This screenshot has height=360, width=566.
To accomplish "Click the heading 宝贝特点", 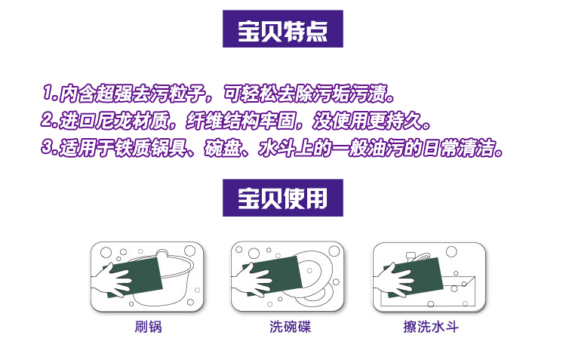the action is pos(283,31).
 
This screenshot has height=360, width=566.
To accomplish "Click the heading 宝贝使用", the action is pos(283,198).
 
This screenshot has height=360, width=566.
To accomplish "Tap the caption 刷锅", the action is pos(148,327).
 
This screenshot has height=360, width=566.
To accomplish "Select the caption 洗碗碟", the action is pos(290,327).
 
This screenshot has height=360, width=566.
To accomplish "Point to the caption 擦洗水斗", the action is pos(431,327).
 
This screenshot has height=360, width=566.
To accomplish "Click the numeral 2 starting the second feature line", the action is pos(47,120).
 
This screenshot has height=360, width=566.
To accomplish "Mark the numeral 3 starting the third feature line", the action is pos(48,147).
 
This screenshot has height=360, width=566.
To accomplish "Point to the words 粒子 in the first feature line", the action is pos(187,94).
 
